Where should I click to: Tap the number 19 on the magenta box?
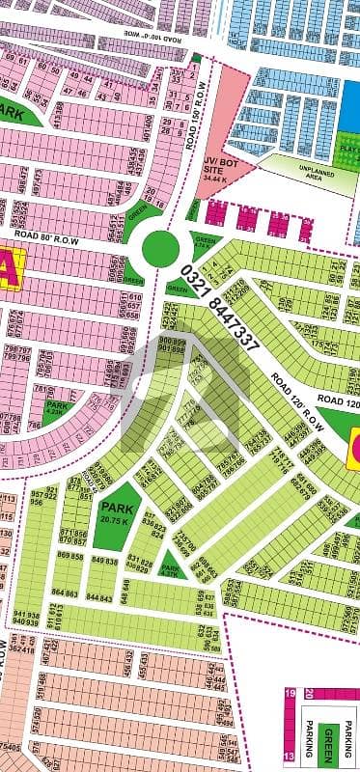(x=288, y=721)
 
